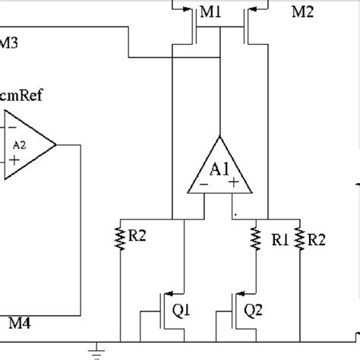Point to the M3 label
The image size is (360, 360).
coord(11,43)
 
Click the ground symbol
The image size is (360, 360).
coord(95,350)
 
